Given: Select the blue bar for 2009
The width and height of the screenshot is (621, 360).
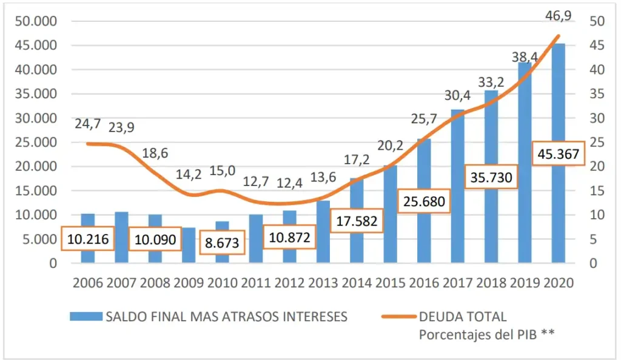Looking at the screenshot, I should coord(189,245).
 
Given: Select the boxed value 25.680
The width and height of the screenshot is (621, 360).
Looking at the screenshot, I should coord(424,201).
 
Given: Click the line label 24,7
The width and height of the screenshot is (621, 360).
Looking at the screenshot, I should coord(88,124).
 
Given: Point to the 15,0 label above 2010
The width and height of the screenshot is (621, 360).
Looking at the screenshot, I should coord(222,171).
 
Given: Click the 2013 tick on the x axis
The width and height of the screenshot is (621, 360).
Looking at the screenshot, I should coord(323,283).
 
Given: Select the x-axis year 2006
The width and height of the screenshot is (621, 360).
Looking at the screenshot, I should coord(88,283).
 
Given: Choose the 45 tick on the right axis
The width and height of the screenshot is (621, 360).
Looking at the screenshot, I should coord(597,45).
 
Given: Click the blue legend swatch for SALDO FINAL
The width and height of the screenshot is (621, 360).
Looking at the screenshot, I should coord(86,316).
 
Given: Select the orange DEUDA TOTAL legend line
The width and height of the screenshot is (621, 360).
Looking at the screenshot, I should coord(398,316).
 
